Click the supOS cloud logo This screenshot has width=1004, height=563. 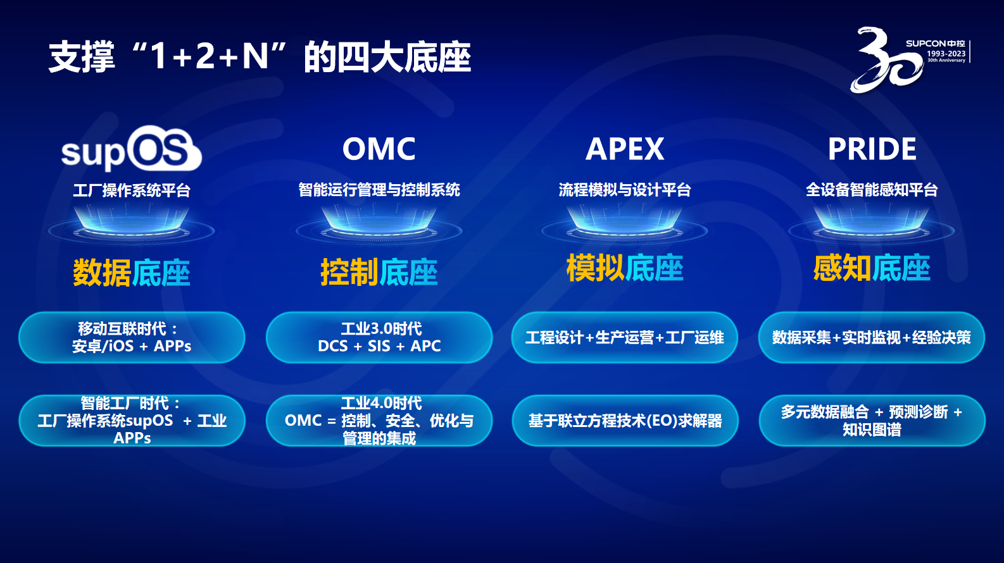[x=131, y=148]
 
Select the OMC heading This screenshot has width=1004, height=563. [x=379, y=149]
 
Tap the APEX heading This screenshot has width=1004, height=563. [x=625, y=149]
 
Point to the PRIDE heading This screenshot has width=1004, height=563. [x=872, y=149]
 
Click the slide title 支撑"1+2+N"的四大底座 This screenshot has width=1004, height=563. [x=260, y=57]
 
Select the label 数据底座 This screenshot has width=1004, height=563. [x=131, y=272]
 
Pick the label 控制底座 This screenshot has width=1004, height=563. [x=379, y=272]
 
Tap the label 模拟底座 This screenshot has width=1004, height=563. [x=625, y=268]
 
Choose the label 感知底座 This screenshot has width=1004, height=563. [x=872, y=268]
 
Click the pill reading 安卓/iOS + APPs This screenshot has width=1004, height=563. [x=132, y=337]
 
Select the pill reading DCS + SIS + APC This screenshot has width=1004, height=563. [x=379, y=337]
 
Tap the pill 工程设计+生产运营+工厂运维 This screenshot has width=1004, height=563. [x=625, y=337]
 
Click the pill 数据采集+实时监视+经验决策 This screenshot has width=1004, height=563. [x=872, y=337]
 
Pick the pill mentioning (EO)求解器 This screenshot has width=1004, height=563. [x=625, y=421]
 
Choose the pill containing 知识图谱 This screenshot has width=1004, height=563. [x=872, y=421]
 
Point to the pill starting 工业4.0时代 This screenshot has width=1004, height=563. [x=379, y=421]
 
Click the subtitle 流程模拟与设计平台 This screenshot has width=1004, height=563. [x=625, y=190]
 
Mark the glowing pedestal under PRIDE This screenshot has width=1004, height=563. [x=872, y=224]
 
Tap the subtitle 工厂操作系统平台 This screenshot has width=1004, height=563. [x=132, y=190]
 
